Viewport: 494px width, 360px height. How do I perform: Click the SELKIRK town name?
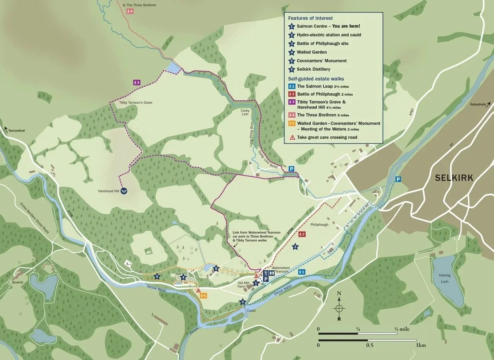(x=453, y=178)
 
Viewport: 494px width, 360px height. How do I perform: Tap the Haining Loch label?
(x=445, y=278)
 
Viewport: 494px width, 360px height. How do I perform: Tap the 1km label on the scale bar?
(x=421, y=345)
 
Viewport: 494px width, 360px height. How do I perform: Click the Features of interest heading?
(x=310, y=18)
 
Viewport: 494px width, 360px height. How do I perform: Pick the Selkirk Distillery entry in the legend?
(x=313, y=69)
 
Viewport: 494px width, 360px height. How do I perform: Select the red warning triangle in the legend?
(x=292, y=137)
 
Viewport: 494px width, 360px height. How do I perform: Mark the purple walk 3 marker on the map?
(x=136, y=82)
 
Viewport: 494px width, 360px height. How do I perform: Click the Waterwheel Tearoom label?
(x=280, y=269)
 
